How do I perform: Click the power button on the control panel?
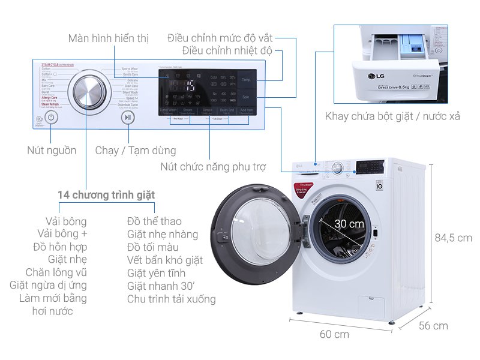(x=52, y=118)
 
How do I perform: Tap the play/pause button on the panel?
(x=127, y=118)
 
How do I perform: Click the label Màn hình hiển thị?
(x=108, y=38)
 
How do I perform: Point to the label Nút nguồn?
(x=52, y=150)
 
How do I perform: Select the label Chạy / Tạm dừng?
(x=136, y=150)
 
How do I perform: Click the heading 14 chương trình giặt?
(x=106, y=195)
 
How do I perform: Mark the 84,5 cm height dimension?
(x=453, y=238)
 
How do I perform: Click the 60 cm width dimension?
(x=334, y=334)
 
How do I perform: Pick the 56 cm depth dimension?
(x=433, y=326)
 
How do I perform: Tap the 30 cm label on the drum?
(x=349, y=223)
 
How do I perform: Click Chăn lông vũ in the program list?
(x=56, y=272)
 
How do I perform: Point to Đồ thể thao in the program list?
(x=154, y=221)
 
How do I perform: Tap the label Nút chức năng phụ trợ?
(x=213, y=166)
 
